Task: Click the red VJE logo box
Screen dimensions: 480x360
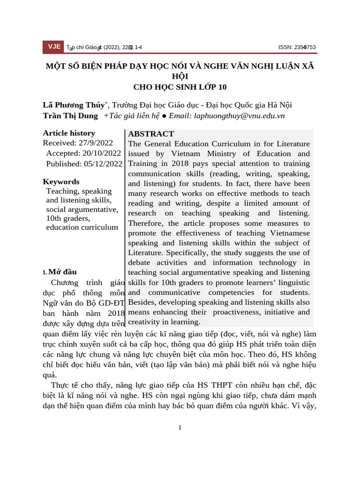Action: [x=53, y=47]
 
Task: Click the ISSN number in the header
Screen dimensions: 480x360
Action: [x=297, y=47]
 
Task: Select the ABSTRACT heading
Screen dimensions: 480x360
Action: [x=151, y=134]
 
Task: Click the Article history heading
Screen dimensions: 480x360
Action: [x=69, y=133]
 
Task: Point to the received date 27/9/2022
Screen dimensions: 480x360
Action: [x=96, y=143]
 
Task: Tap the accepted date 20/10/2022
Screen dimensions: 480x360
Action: [x=102, y=153]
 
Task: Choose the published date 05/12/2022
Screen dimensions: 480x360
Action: [x=103, y=164]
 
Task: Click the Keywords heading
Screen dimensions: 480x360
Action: [x=61, y=182]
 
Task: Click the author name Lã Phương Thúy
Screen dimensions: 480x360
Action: [x=74, y=105]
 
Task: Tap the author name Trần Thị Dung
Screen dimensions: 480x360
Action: [x=70, y=116]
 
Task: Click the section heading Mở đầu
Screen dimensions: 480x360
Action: [x=62, y=272]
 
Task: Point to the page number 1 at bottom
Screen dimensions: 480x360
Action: [x=180, y=427]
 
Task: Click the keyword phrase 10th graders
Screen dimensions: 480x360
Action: [x=68, y=218]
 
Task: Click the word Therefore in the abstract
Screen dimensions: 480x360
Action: [x=146, y=223]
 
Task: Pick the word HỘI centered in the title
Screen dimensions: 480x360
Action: [x=180, y=76]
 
